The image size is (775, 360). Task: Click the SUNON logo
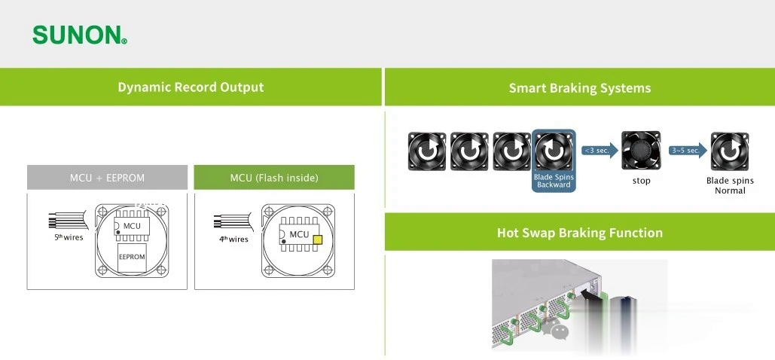pyautogui.click(x=80, y=35)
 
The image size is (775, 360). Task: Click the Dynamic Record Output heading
pyautogui.click(x=191, y=87)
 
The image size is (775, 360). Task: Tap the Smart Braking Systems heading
pyautogui.click(x=580, y=88)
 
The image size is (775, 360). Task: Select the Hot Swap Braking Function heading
pyautogui.click(x=580, y=233)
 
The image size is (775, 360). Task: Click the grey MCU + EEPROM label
pyautogui.click(x=107, y=178)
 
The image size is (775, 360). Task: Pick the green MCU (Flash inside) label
pyautogui.click(x=274, y=178)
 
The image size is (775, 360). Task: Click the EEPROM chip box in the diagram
pyautogui.click(x=132, y=257)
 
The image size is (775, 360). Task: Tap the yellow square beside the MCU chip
pyautogui.click(x=317, y=239)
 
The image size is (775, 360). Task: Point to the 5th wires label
pyautogui.click(x=69, y=237)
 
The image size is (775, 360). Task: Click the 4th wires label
pyautogui.click(x=233, y=239)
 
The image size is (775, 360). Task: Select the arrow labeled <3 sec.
pyautogui.click(x=600, y=151)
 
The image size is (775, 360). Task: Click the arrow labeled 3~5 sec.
pyautogui.click(x=688, y=151)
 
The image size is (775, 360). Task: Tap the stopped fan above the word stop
pyautogui.click(x=641, y=151)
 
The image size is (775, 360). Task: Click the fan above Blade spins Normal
pyautogui.click(x=730, y=151)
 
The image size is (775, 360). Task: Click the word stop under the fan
pyautogui.click(x=641, y=181)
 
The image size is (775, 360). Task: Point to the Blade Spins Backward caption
pyautogui.click(x=554, y=181)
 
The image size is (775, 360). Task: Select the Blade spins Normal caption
pyautogui.click(x=730, y=185)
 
